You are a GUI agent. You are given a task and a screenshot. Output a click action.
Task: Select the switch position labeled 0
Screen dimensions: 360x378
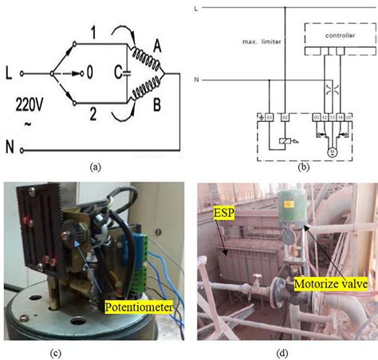pyautogui.click(x=90, y=72)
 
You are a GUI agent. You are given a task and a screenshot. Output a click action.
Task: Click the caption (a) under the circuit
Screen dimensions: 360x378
pyautogui.click(x=96, y=166)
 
